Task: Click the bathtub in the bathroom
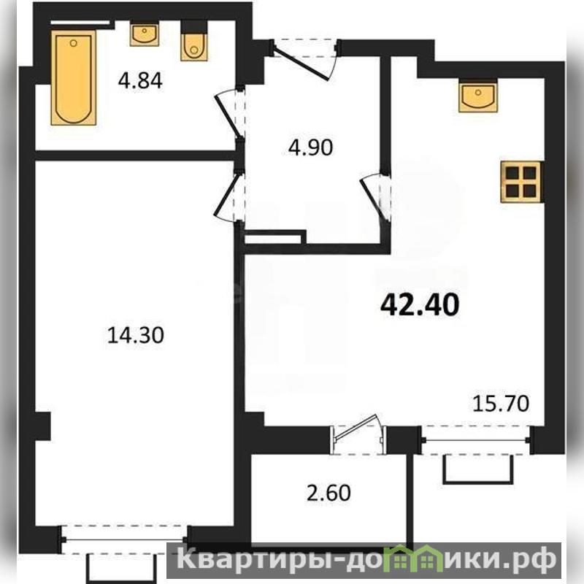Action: pos(74,77)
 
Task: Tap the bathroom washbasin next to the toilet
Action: pos(144,34)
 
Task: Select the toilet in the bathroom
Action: pos(194,45)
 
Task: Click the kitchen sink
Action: pos(478,98)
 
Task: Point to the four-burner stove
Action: pos(520,182)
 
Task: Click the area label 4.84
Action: pos(140,80)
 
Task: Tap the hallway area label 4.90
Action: pos(311,147)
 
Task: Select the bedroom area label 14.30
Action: pos(135,335)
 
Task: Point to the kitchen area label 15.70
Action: pos(501,404)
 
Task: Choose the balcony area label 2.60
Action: pos(328,493)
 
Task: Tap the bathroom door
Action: pos(231,114)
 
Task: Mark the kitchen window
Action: pos(477,440)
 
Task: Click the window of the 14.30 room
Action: pos(125,539)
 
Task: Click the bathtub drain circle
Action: pos(74,43)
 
